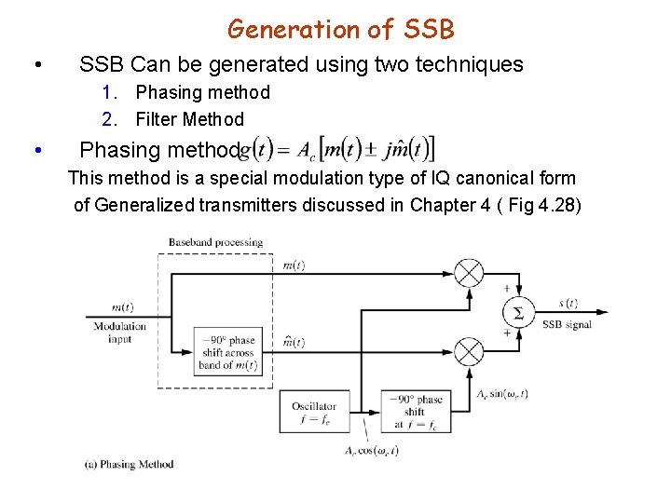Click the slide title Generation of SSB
coord(341,29)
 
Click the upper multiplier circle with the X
coord(469,273)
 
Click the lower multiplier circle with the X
coord(469,351)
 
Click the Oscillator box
coord(313,412)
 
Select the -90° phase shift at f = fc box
coord(416,412)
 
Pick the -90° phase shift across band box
coord(227,351)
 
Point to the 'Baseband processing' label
coord(215,243)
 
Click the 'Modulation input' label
coord(120,333)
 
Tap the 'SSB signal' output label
coord(567,323)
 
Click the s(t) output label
coord(567,303)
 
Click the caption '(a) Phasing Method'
coord(129,464)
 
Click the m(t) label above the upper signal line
coord(294,265)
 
